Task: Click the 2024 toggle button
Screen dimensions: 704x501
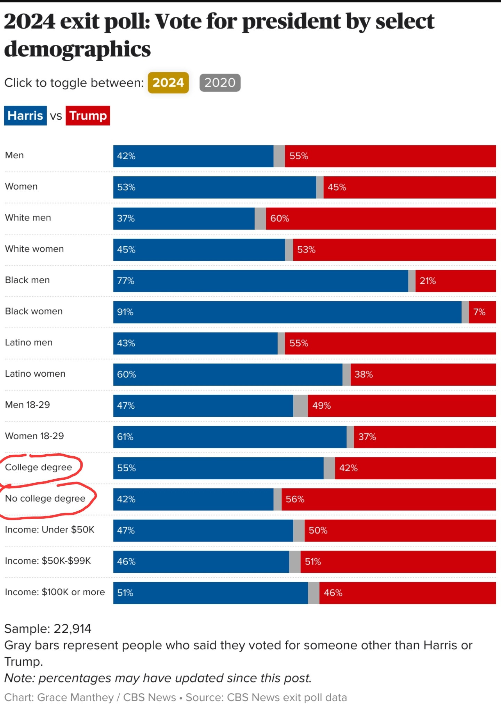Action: (168, 83)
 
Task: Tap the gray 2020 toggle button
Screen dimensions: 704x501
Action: (220, 83)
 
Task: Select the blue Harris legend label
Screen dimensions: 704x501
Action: (25, 115)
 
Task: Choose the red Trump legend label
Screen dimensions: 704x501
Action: (88, 115)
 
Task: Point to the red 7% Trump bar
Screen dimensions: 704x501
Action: (482, 312)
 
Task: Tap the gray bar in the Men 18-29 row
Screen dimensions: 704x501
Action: (300, 406)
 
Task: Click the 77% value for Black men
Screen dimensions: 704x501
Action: (126, 281)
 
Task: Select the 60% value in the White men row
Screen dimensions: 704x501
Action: (279, 218)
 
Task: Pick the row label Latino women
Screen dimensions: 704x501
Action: (35, 374)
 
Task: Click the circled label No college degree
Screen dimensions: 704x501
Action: (45, 498)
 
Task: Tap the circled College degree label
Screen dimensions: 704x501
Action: (39, 467)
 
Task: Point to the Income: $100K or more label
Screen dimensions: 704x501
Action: (55, 592)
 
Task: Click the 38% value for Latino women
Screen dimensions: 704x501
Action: (364, 374)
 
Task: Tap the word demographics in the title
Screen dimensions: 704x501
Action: (77, 49)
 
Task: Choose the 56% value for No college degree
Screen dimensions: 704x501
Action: (295, 499)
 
